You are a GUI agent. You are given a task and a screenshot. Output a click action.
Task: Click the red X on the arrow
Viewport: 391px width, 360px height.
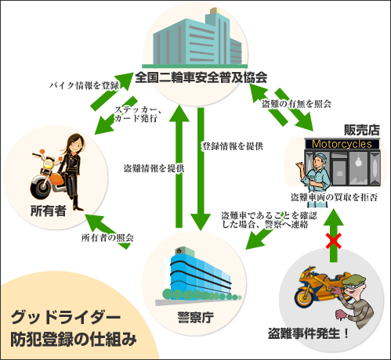[x=334, y=241]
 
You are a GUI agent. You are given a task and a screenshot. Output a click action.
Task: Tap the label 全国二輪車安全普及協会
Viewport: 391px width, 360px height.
[x=201, y=77]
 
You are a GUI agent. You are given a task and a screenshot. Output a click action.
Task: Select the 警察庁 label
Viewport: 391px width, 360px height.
[x=195, y=317]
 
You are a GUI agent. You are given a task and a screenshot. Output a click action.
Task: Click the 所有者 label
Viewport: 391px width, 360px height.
[x=48, y=211]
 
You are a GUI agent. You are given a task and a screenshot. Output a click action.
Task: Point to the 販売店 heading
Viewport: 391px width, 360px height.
[x=362, y=130]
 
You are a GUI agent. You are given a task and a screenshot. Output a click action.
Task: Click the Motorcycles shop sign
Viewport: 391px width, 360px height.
[x=342, y=144]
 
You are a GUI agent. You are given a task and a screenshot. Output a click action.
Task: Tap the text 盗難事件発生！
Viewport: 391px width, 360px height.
[x=308, y=333]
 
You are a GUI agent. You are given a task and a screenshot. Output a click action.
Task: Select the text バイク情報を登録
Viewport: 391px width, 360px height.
[x=84, y=85]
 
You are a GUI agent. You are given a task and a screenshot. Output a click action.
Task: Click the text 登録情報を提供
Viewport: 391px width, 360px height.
[x=232, y=146]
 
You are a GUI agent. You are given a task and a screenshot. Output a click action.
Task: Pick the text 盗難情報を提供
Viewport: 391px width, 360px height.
[x=154, y=168]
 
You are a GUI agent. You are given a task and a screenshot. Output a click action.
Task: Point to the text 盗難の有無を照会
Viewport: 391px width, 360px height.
[x=296, y=104]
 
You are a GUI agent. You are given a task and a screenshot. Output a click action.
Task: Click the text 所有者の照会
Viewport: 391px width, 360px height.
[x=107, y=238]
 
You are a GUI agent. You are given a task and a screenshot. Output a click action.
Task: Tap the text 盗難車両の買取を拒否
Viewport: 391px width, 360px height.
[x=334, y=197]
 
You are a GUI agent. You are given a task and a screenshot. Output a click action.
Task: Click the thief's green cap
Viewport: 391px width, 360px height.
[x=353, y=280]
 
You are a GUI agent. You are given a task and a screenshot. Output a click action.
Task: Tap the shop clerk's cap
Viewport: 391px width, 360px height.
[x=320, y=157]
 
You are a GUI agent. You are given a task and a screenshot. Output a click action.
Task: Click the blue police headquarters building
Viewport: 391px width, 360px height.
[x=198, y=276]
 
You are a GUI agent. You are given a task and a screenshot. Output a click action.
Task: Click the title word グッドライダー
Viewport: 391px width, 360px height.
[x=65, y=317]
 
